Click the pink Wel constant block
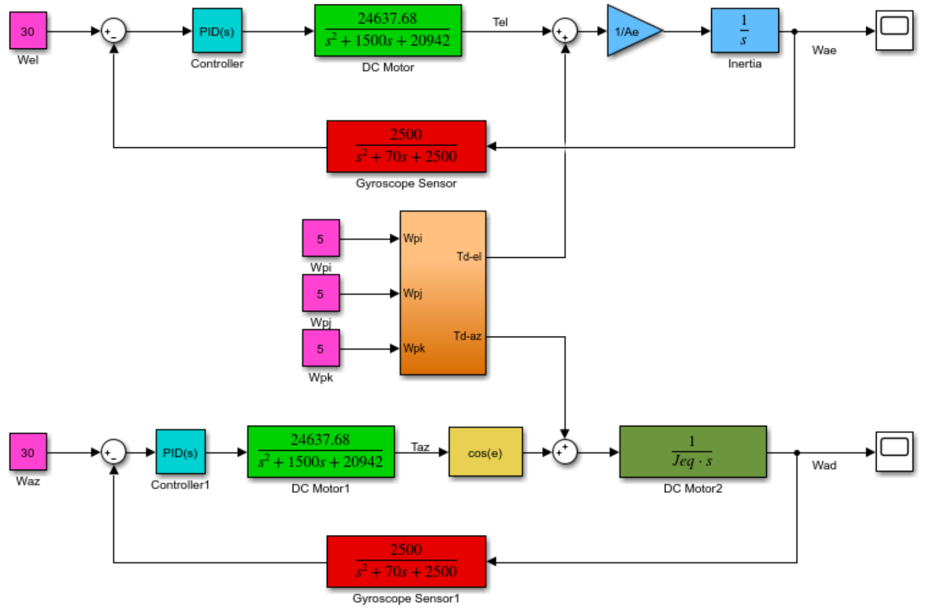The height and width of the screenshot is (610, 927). coord(28,31)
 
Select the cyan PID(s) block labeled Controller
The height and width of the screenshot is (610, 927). coord(217,31)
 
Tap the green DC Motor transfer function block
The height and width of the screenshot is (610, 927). coord(388,30)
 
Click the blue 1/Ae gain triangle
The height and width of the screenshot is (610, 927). coord(630,31)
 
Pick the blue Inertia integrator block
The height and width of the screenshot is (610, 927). coord(744,30)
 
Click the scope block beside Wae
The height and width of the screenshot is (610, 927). coord(894,30)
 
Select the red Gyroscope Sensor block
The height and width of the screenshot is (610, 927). coord(406,146)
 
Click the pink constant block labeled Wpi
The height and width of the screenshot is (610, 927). coord(320,238)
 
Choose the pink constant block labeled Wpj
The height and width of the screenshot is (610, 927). coord(320,293)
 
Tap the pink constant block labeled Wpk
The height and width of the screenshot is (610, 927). coord(320,348)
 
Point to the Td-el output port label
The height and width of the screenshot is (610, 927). coord(468,257)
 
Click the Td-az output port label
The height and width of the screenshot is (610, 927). coord(467,336)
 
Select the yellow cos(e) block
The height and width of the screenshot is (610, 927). coord(485,452)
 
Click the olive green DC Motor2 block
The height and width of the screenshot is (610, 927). coord(693,452)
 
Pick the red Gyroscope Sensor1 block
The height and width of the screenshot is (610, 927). coord(406,561)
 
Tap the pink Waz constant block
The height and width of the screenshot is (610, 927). coord(28,452)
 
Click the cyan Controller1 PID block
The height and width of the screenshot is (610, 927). coord(180,452)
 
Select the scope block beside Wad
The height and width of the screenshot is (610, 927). coord(894,451)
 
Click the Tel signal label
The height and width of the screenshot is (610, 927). coord(500,22)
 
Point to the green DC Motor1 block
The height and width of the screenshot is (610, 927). coord(320,452)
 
